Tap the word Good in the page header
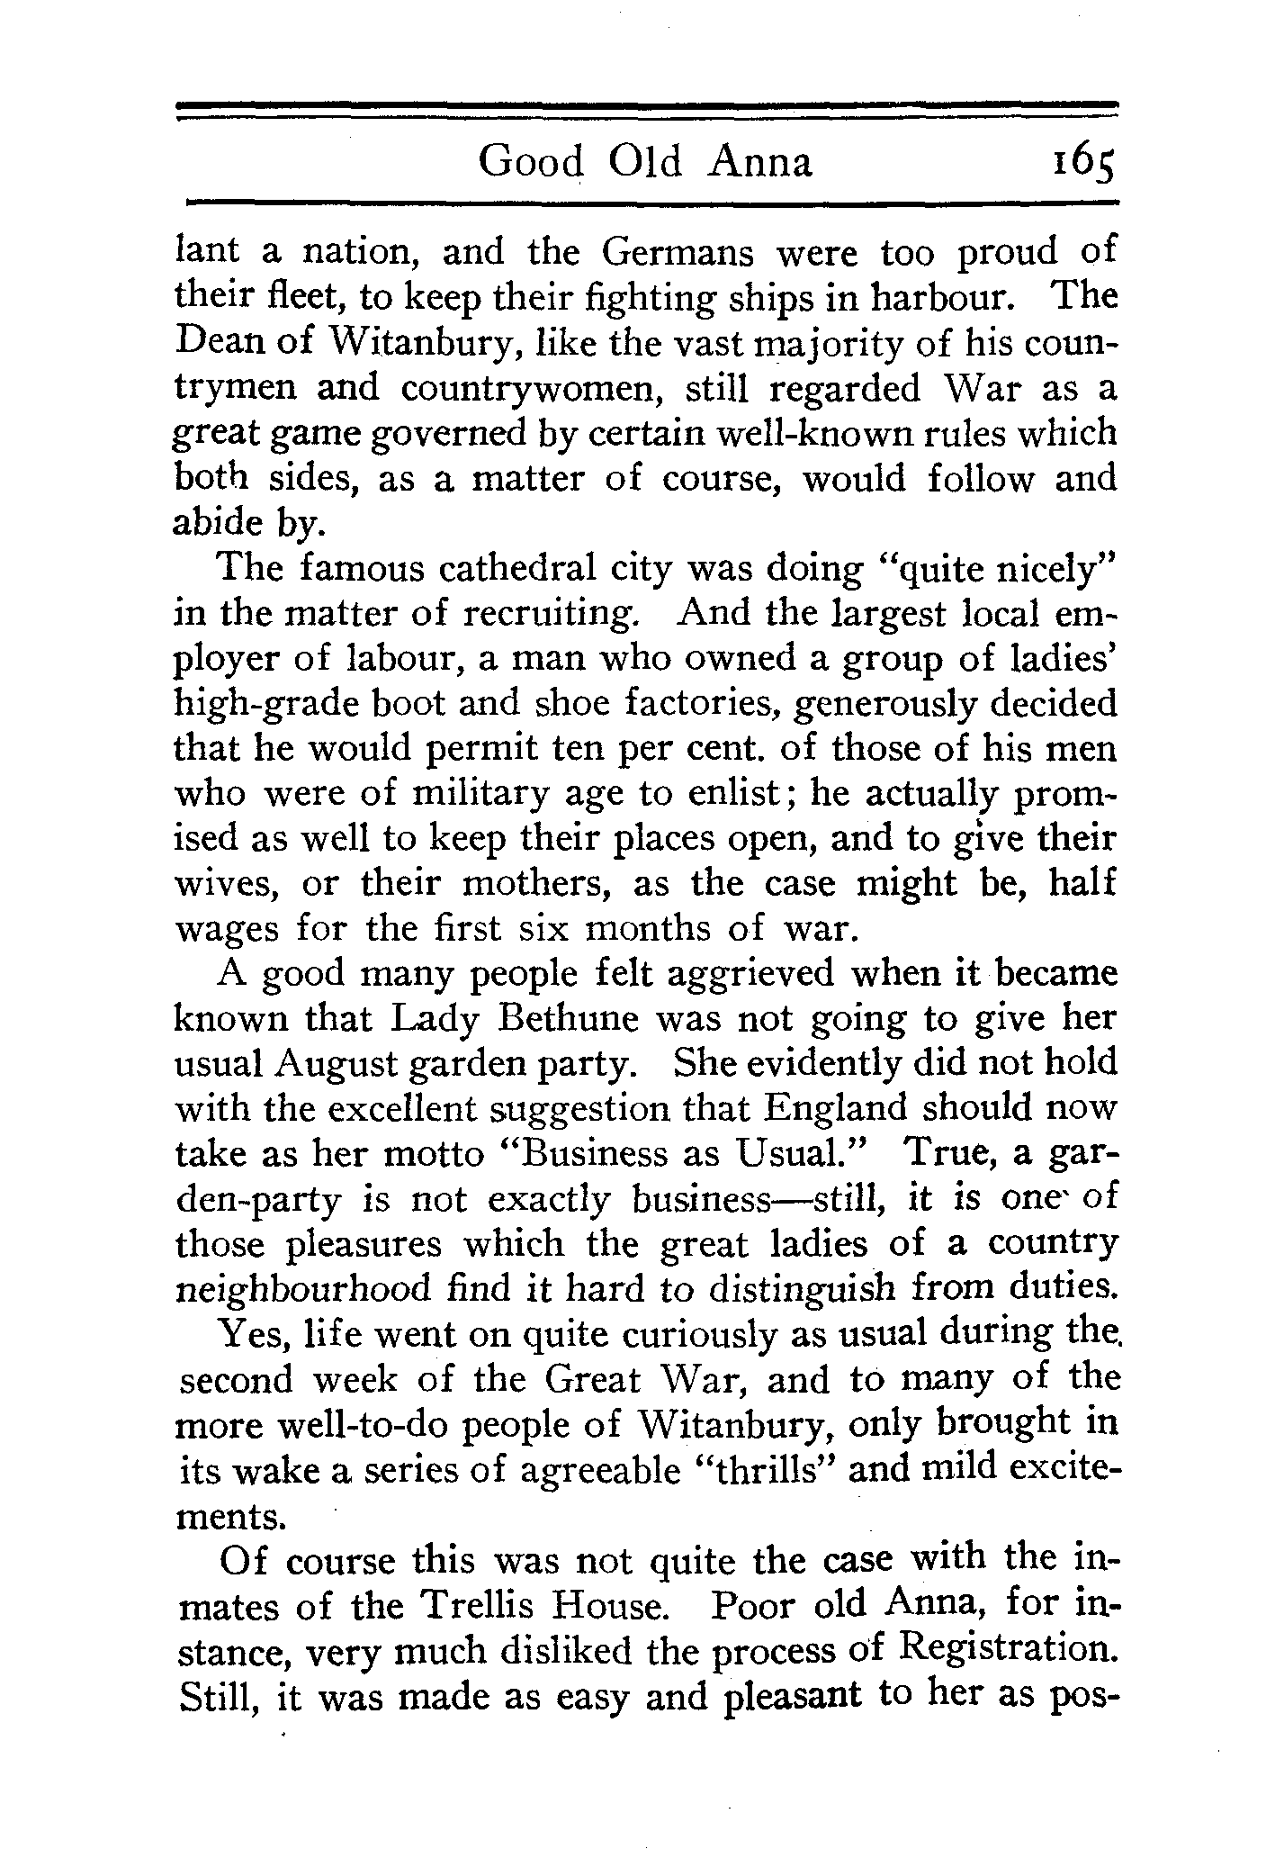[x=531, y=162]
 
